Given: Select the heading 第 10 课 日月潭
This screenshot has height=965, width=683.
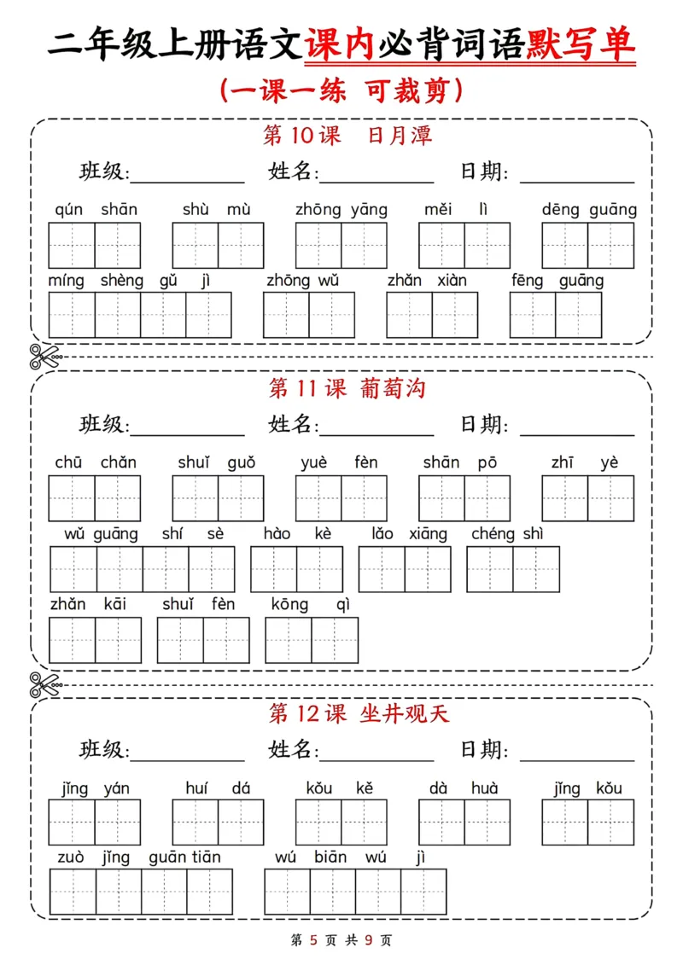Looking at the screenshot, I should [347, 136].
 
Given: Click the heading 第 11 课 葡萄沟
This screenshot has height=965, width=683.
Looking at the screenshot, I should [347, 389].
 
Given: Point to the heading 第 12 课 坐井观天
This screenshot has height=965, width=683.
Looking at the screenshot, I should [359, 712].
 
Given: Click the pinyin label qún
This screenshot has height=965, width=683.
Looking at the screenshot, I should [69, 210].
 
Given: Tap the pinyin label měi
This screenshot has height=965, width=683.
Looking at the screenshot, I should [439, 210].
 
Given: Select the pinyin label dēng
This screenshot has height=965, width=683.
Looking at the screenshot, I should [560, 210].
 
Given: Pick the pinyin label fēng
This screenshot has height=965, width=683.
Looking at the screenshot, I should [528, 281].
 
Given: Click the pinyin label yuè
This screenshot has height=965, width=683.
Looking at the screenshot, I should [314, 463].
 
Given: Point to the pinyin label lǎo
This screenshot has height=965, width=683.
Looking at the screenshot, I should [382, 534].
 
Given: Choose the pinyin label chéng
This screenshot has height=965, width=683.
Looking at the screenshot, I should [493, 534].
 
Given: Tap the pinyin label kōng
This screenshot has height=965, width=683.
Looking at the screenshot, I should [290, 605].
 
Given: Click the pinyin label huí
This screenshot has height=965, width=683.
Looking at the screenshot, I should [196, 788].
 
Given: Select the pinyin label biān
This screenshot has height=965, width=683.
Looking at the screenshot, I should [330, 857].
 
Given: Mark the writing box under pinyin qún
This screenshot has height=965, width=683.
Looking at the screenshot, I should [71, 246].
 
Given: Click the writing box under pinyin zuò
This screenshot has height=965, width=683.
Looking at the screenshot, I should [73, 892].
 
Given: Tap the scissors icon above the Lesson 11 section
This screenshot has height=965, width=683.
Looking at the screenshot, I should [44, 357].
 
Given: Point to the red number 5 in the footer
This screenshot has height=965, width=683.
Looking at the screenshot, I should [314, 941].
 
